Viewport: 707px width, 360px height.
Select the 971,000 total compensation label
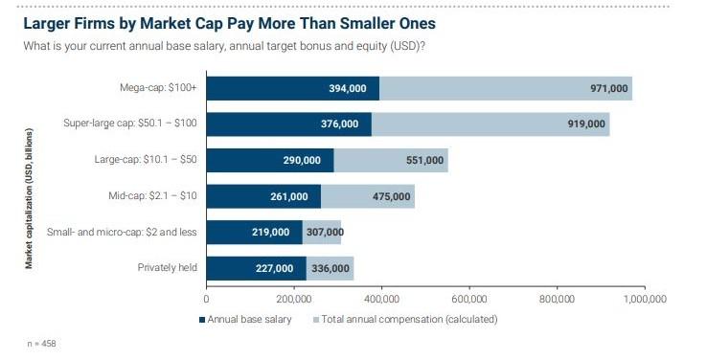[x=609, y=89]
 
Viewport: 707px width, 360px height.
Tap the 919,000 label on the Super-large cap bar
[x=586, y=124]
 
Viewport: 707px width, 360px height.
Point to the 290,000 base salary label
[x=301, y=160]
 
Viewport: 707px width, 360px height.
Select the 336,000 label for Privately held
[x=330, y=268]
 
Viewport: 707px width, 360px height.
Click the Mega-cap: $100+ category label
[x=152, y=89]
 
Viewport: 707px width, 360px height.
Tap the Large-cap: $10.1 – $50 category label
[x=142, y=160]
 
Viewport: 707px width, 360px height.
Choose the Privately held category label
[x=168, y=268]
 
